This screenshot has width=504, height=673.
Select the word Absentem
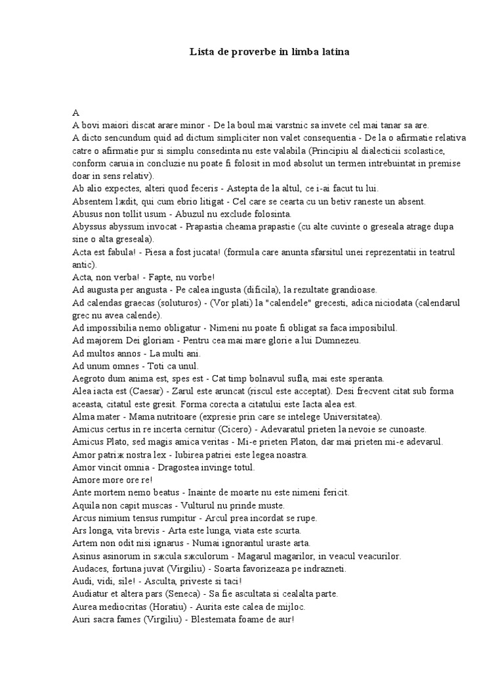[93, 201]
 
